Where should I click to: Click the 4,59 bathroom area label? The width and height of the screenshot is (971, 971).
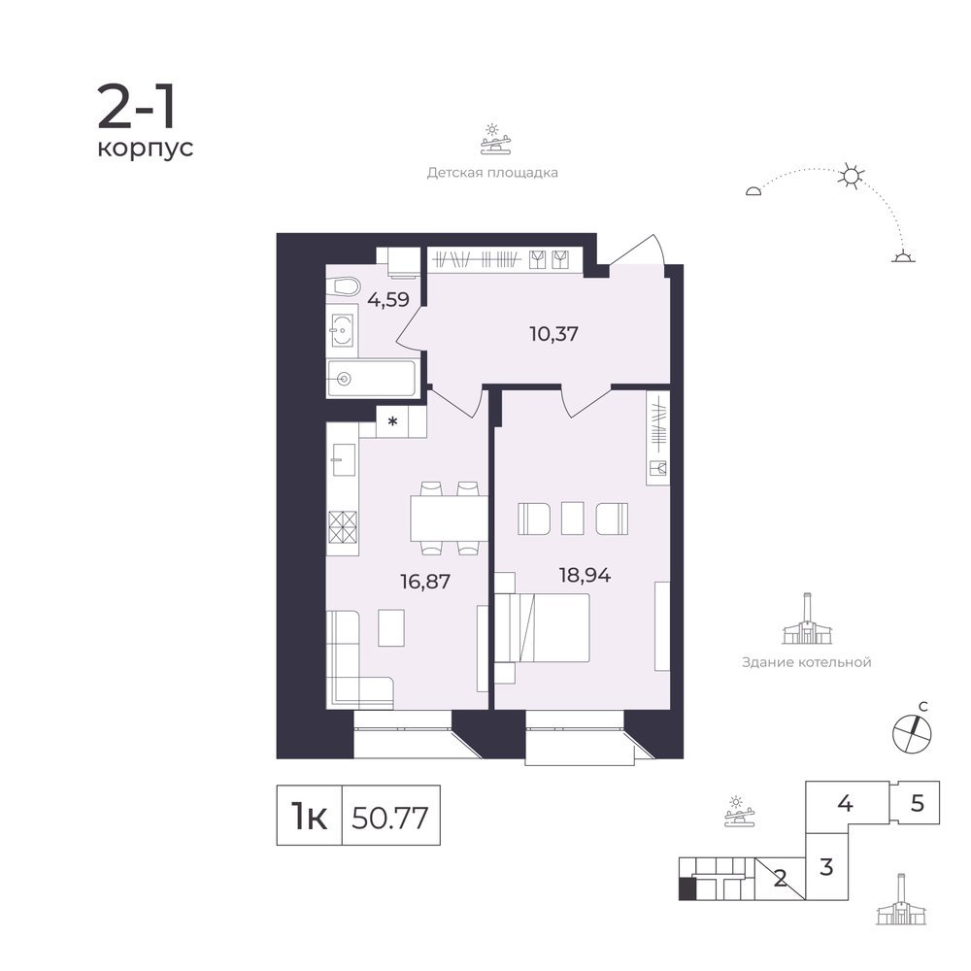pos(388,300)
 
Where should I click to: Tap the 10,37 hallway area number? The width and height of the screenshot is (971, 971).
pos(553,334)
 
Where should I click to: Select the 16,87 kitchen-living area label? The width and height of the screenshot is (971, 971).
pos(425,582)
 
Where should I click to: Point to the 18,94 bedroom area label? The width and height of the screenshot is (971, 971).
pos(585,576)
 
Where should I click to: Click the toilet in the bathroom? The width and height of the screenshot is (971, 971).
pos(344,287)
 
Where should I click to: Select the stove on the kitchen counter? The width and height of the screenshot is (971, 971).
pos(343,527)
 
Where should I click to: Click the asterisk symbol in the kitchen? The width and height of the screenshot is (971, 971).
pos(392,421)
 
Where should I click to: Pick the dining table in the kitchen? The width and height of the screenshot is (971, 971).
pos(449,518)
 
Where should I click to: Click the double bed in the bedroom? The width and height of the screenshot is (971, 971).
pos(542,628)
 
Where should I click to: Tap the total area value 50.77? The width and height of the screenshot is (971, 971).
pos(390,818)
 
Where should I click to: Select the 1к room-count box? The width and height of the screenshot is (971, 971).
pos(309,815)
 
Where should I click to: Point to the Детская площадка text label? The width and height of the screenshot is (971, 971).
pos(492,173)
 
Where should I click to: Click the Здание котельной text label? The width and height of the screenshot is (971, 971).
pos(806,662)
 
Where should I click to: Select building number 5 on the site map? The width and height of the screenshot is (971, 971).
pos(918,803)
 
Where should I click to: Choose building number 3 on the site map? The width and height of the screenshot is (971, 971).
pos(826,867)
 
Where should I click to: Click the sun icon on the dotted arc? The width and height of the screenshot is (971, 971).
pos(851,177)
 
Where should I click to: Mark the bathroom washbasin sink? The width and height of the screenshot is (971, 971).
pos(342,330)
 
